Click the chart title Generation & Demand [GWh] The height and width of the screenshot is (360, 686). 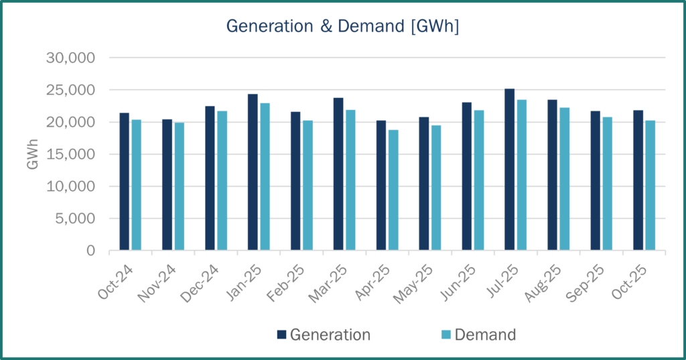[342, 26]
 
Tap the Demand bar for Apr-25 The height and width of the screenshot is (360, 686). [393, 190]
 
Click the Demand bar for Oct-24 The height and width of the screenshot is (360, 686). [136, 185]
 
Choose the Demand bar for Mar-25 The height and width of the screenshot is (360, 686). [350, 180]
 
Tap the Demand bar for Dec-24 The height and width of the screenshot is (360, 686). [222, 181]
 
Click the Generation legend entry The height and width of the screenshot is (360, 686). [323, 335]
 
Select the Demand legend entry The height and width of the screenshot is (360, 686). [478, 335]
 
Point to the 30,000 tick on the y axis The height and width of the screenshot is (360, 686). [72, 58]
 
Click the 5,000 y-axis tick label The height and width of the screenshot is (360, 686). [75, 219]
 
